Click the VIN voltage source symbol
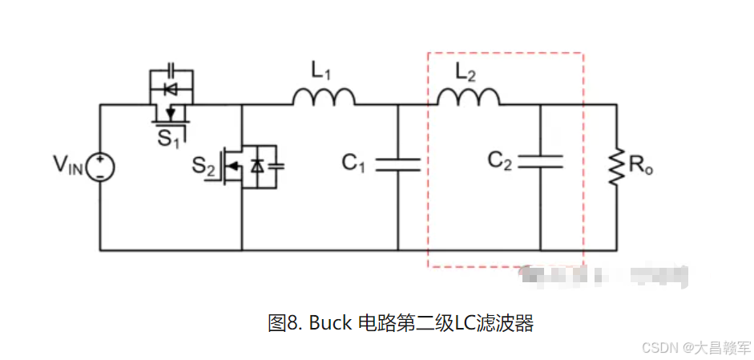101,167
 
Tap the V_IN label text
67,166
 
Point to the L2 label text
466,71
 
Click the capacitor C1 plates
398,164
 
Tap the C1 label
353,164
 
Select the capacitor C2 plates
540,162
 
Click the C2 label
499,161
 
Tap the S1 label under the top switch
168,139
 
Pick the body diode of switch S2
257,166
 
